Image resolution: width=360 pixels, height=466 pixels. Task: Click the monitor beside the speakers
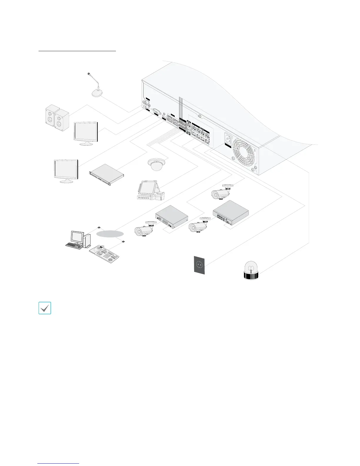(86, 133)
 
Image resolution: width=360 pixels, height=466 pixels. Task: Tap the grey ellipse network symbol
(109, 234)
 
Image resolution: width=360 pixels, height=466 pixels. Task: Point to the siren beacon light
(251, 271)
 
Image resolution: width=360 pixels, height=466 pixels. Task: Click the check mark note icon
(45, 308)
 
